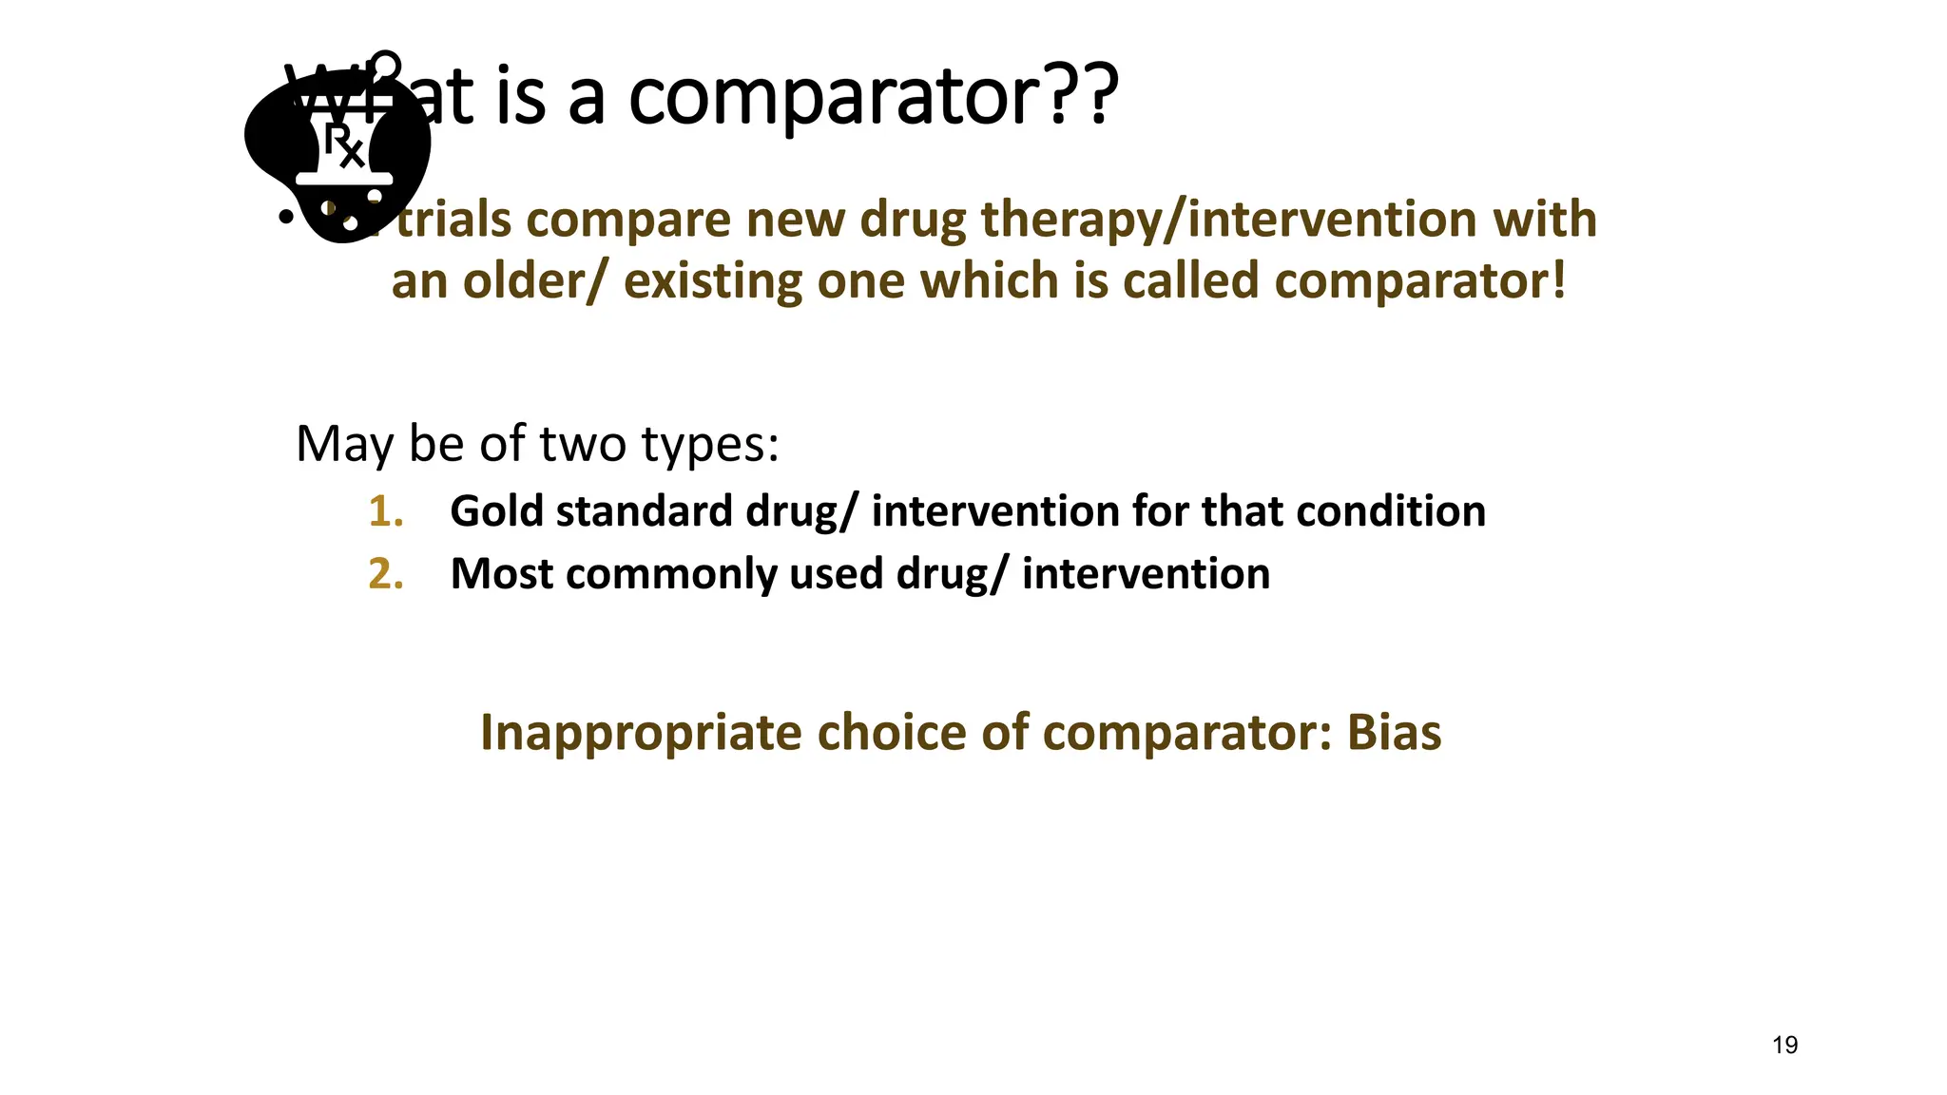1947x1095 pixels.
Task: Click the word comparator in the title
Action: point(835,98)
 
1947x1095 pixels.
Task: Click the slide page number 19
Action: point(1784,1046)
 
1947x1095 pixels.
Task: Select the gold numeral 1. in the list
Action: point(385,511)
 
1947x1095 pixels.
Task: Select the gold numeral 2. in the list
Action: point(385,574)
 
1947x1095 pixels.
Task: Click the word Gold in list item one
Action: point(497,511)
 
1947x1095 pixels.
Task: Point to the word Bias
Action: point(1394,733)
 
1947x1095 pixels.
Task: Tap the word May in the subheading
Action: point(344,445)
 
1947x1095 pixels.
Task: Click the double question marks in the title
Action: point(1083,98)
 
